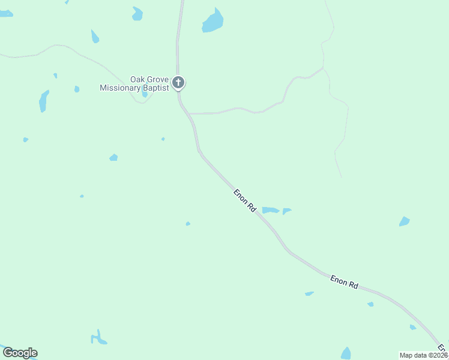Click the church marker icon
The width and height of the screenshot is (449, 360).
pos(178,82)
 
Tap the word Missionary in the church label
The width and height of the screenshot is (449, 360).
pos(120,88)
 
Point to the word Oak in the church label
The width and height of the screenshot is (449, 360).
pos(138,79)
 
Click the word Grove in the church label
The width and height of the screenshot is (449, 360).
pos(158,79)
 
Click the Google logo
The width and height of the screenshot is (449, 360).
pos(20,353)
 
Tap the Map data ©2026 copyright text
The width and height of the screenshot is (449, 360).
pos(423,355)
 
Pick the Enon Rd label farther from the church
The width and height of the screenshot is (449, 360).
pos(344,282)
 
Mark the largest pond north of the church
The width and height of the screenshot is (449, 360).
pos(212,22)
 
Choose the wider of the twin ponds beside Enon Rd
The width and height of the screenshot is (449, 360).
pos(270,210)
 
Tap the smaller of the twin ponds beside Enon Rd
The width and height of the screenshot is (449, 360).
pos(287,211)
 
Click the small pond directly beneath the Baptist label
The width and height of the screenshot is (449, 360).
pos(145,94)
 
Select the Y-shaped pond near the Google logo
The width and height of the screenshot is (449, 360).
pos(98,338)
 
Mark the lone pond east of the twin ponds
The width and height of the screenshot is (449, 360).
pos(405,221)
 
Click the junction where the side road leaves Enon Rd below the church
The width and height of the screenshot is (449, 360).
pos(188,113)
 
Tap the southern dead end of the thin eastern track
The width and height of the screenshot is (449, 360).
pos(342,177)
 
